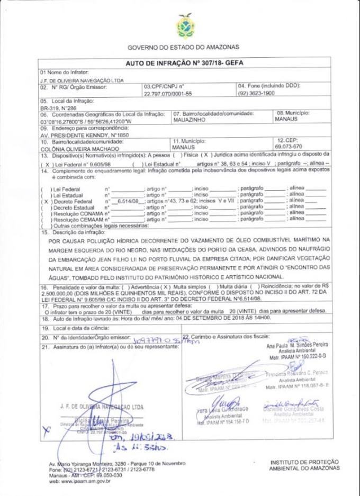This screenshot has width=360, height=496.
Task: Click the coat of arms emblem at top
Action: click(x=184, y=26)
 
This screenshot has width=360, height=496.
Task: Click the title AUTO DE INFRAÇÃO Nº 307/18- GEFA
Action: click(x=183, y=62)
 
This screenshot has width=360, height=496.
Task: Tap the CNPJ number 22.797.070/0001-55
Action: click(x=166, y=93)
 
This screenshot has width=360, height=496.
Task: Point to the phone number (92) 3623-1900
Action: click(x=256, y=93)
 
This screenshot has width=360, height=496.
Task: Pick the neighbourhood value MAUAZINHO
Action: click(x=191, y=120)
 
